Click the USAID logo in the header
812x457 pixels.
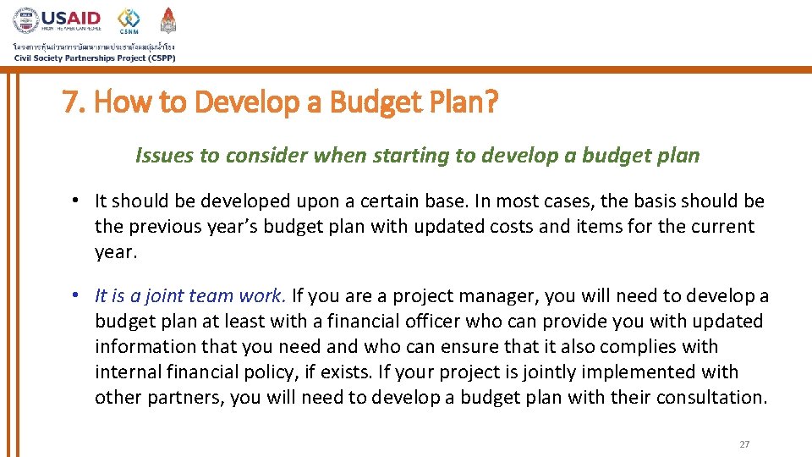point(57,20)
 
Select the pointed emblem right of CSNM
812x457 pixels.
point(168,19)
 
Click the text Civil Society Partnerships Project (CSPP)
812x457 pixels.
point(94,58)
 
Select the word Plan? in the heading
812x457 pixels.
point(464,103)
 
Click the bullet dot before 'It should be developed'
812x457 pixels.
point(75,201)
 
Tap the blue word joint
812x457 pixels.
point(166,296)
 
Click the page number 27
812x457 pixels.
point(744,444)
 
